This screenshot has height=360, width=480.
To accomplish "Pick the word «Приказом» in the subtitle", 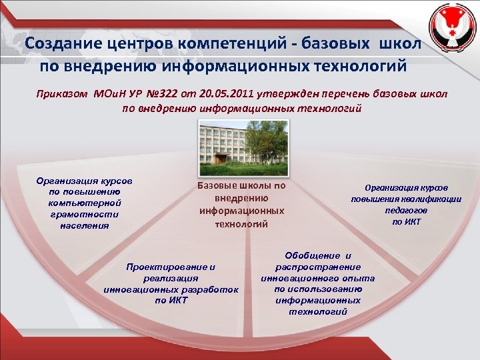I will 62,94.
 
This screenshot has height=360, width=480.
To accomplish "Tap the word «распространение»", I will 318,267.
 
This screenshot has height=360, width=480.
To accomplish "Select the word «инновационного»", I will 297,278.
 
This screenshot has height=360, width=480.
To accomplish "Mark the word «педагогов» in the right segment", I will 407,210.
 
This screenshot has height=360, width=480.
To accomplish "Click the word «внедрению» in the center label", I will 241,198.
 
